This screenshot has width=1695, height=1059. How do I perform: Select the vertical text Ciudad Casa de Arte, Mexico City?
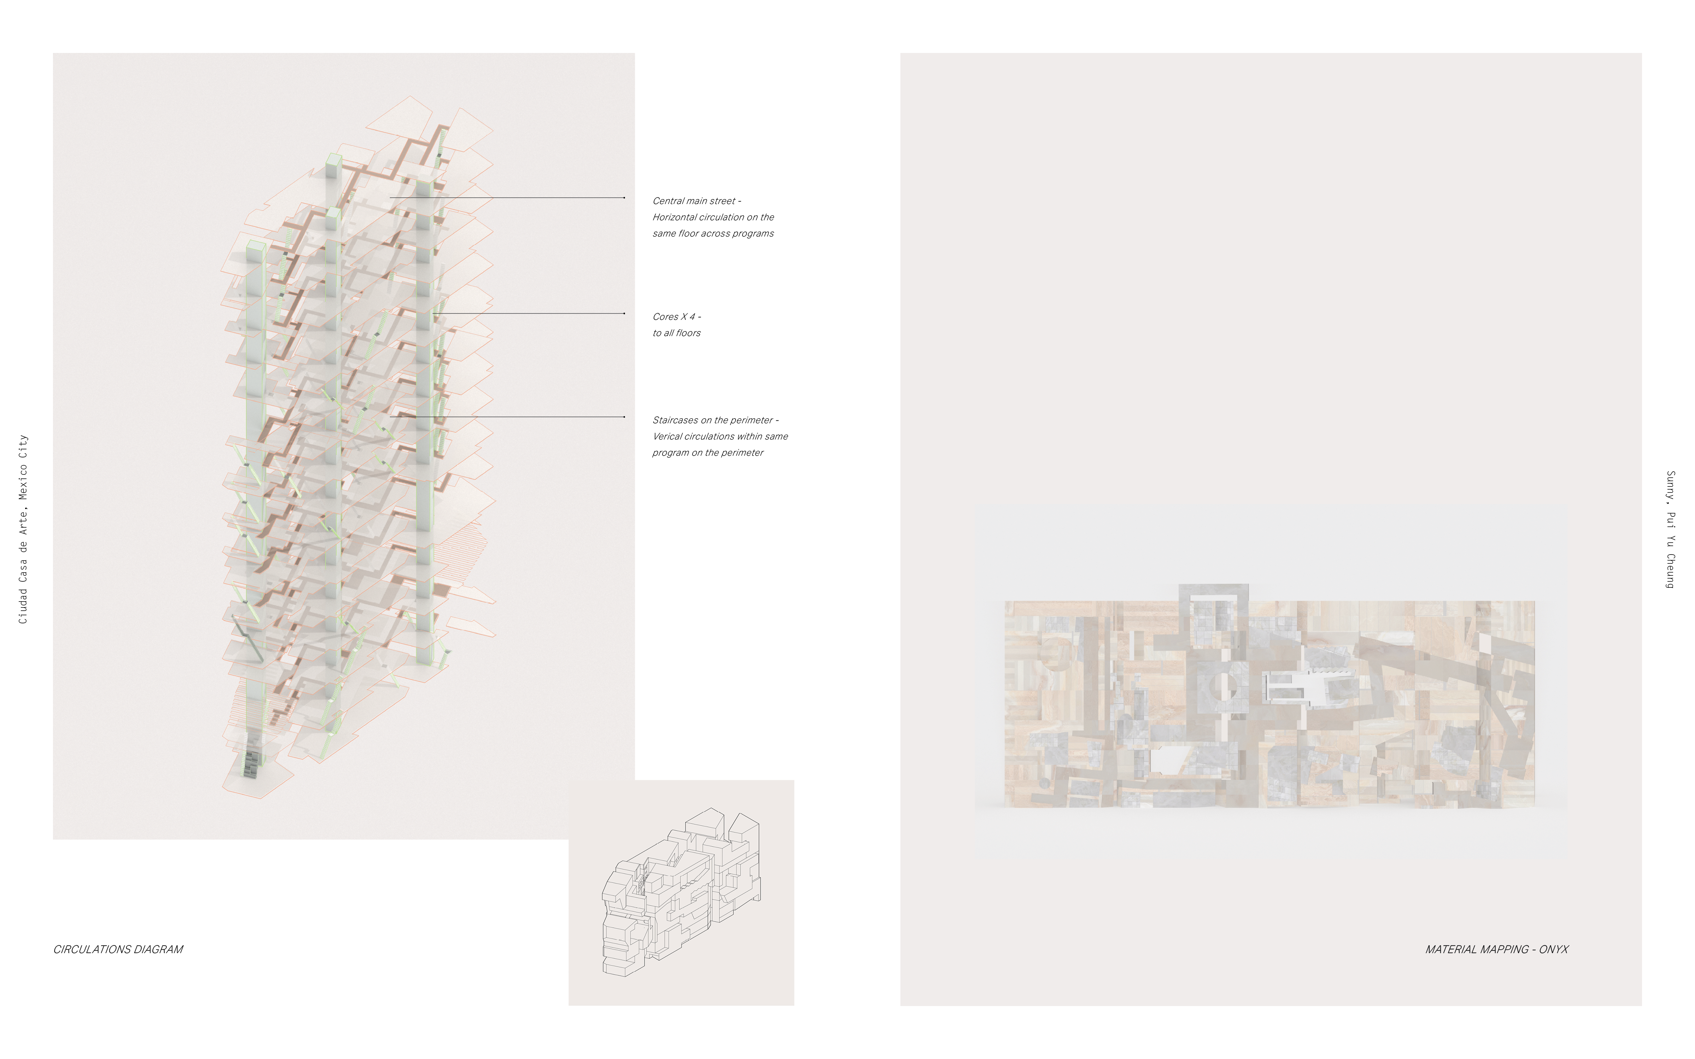(23, 529)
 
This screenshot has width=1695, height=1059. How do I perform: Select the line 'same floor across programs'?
(713, 233)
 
